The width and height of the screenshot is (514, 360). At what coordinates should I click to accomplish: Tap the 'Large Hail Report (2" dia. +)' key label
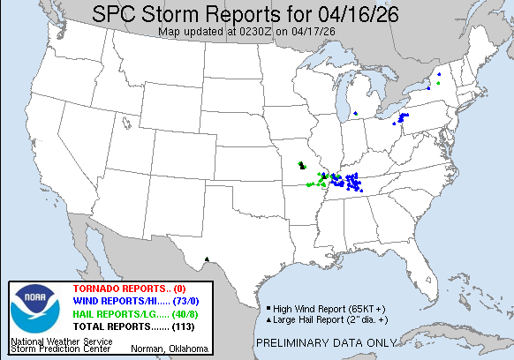[x=320, y=318]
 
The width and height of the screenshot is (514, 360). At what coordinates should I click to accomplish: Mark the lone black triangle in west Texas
[x=207, y=259]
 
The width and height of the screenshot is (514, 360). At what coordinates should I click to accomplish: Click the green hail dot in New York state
[x=436, y=83]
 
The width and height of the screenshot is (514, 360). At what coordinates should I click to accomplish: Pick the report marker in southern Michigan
[x=355, y=114]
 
